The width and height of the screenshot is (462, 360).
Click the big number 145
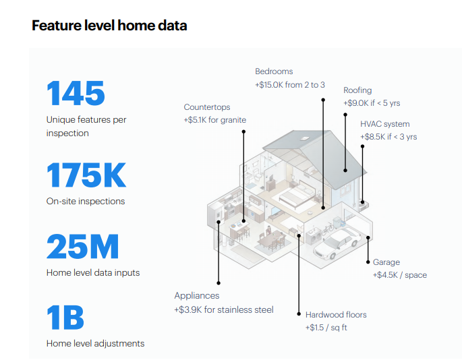point(76,93)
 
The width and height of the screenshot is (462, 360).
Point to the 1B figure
point(65,318)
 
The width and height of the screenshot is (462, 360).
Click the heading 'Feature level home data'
point(109,26)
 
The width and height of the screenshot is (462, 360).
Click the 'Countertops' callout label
point(206,107)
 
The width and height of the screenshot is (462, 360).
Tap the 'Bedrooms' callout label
point(274,71)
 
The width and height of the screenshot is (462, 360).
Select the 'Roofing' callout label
point(357,90)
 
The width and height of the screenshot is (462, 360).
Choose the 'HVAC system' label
point(384,124)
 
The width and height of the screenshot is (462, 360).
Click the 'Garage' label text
point(386,262)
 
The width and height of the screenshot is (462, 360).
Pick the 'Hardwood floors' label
point(336,315)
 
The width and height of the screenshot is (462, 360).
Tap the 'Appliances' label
point(197,296)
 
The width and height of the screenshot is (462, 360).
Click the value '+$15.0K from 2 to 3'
point(290,85)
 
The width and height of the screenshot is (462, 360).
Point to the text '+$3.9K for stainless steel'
point(224,309)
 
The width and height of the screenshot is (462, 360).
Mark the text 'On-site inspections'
point(86,201)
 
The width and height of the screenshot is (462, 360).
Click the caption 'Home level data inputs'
point(93,272)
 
